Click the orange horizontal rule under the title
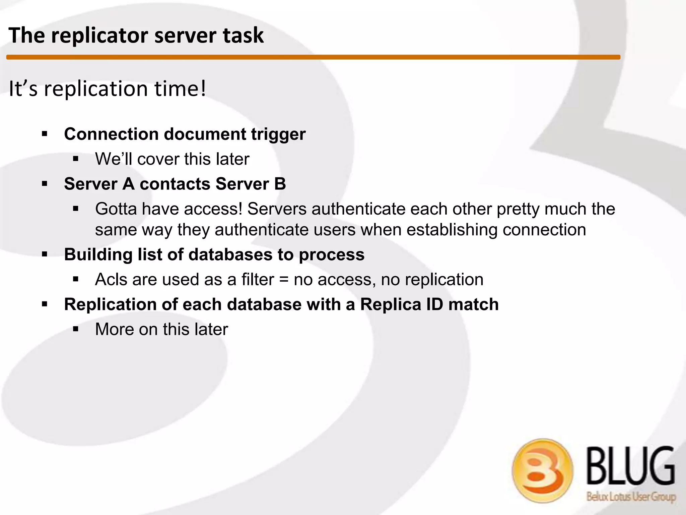tap(313, 57)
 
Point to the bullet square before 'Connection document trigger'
tap(45, 134)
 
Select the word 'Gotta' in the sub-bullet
tap(116, 209)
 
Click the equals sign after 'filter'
tap(284, 280)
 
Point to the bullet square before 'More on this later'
tap(76, 329)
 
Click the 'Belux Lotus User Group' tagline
tap(631, 496)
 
